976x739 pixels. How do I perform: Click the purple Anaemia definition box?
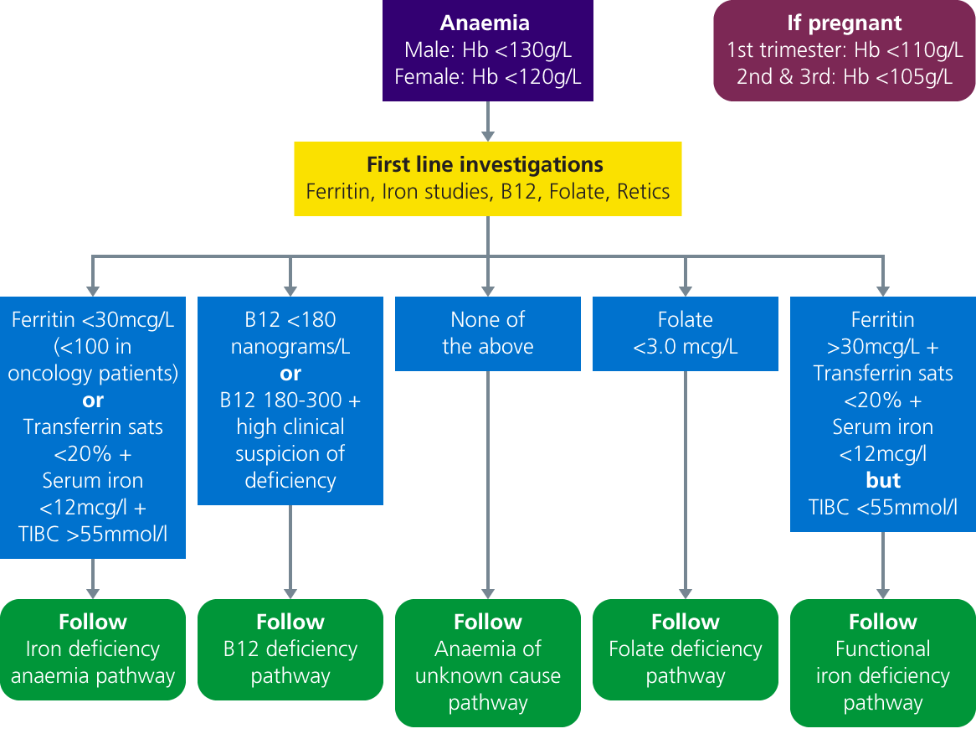(x=487, y=50)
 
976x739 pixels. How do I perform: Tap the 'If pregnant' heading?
(x=845, y=23)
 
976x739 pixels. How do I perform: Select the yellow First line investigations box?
(x=487, y=178)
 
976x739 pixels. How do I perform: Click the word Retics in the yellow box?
(x=643, y=191)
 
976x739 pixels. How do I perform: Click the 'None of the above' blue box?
(x=487, y=333)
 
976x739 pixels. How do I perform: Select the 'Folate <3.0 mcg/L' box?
(x=685, y=333)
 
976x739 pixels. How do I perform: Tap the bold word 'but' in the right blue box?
(x=883, y=480)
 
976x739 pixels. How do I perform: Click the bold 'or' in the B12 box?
(x=290, y=373)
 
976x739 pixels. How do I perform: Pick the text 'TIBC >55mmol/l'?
(x=92, y=534)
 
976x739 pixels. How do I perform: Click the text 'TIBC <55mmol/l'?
(x=883, y=507)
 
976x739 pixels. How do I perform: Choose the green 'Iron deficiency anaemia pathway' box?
(x=92, y=649)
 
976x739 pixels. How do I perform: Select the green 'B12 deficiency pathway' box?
(x=290, y=649)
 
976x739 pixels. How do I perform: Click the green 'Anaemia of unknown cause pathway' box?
(x=487, y=662)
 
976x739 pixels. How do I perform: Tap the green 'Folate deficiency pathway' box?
(x=685, y=649)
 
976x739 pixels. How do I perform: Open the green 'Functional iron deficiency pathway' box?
(x=883, y=662)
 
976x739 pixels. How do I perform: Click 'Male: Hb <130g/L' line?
(x=487, y=50)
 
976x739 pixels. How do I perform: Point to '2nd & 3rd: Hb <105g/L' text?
(x=845, y=77)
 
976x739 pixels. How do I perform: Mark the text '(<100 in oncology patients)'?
(x=92, y=359)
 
